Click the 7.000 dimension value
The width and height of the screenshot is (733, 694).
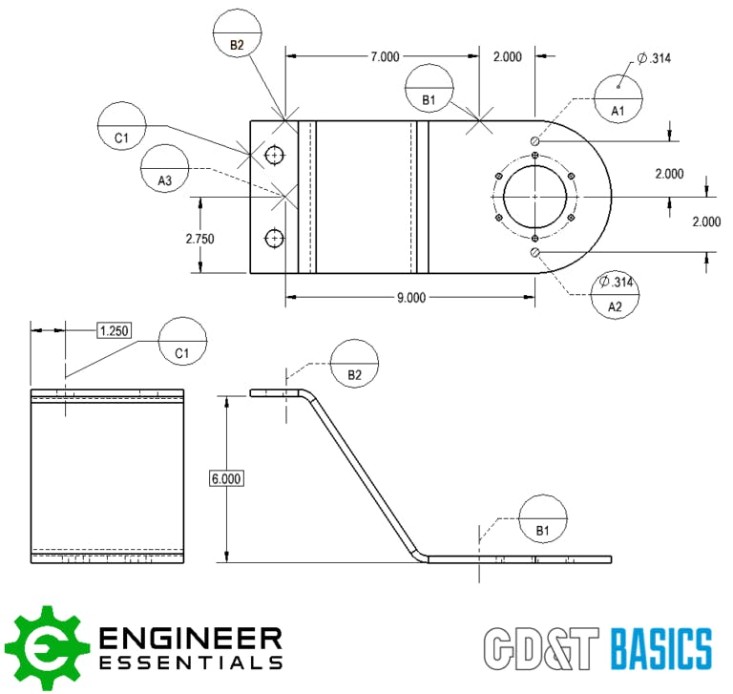385,57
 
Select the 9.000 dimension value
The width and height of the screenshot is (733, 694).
410,297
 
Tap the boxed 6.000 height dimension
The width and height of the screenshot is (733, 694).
225,479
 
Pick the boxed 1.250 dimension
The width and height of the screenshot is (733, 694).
114,330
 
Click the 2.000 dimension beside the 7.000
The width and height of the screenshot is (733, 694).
507,57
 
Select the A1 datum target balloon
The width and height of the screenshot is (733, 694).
618,99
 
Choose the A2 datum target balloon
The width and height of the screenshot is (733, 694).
616,295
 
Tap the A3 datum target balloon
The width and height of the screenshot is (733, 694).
165,169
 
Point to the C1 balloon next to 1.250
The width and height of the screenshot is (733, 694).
182,341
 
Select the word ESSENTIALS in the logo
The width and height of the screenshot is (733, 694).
191,662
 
